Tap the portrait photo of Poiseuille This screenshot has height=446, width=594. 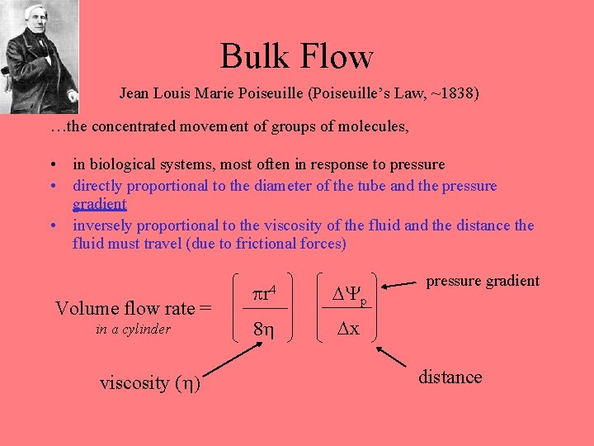tap(39, 55)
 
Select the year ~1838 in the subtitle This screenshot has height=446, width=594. tap(450, 93)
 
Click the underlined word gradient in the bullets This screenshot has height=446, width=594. tap(99, 204)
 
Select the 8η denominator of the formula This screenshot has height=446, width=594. tap(265, 329)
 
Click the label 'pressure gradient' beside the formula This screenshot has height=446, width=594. tap(483, 281)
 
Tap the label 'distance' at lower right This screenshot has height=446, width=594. tap(450, 377)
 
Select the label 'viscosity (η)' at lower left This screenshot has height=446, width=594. tap(150, 382)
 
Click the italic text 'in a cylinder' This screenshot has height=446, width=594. tap(133, 329)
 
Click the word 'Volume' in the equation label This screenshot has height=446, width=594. tap(85, 308)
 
